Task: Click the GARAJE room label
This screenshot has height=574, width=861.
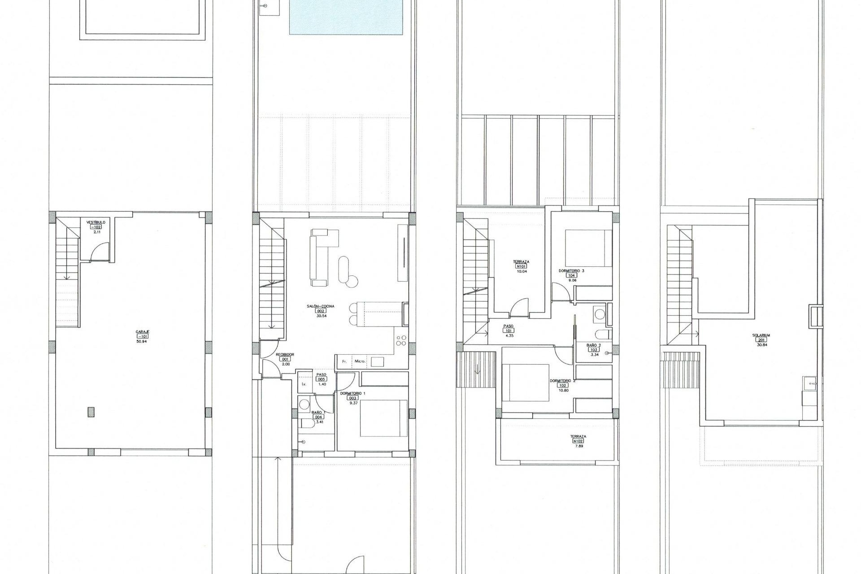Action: point(142,331)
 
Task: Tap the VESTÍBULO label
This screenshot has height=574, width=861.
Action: point(96,222)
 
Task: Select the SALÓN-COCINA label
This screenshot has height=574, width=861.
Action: point(321,306)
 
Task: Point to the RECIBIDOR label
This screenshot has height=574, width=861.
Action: point(285,354)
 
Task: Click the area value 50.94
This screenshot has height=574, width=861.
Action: point(142,341)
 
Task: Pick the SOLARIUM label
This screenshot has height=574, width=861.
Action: point(761,335)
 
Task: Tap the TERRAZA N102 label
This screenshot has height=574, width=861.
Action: point(578,436)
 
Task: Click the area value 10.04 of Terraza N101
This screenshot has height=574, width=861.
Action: point(521,271)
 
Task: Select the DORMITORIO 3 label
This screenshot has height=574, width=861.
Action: point(571,271)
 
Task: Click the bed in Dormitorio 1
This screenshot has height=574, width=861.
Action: point(384,418)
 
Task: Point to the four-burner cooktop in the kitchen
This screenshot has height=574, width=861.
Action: point(400,341)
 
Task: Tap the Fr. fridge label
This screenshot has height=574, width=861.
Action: point(344,361)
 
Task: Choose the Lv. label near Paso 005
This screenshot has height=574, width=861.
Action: point(304,384)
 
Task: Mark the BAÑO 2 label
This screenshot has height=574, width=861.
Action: point(593,345)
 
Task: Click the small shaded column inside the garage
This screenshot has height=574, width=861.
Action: point(91,412)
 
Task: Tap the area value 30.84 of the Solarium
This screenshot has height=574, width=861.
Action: point(761,344)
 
